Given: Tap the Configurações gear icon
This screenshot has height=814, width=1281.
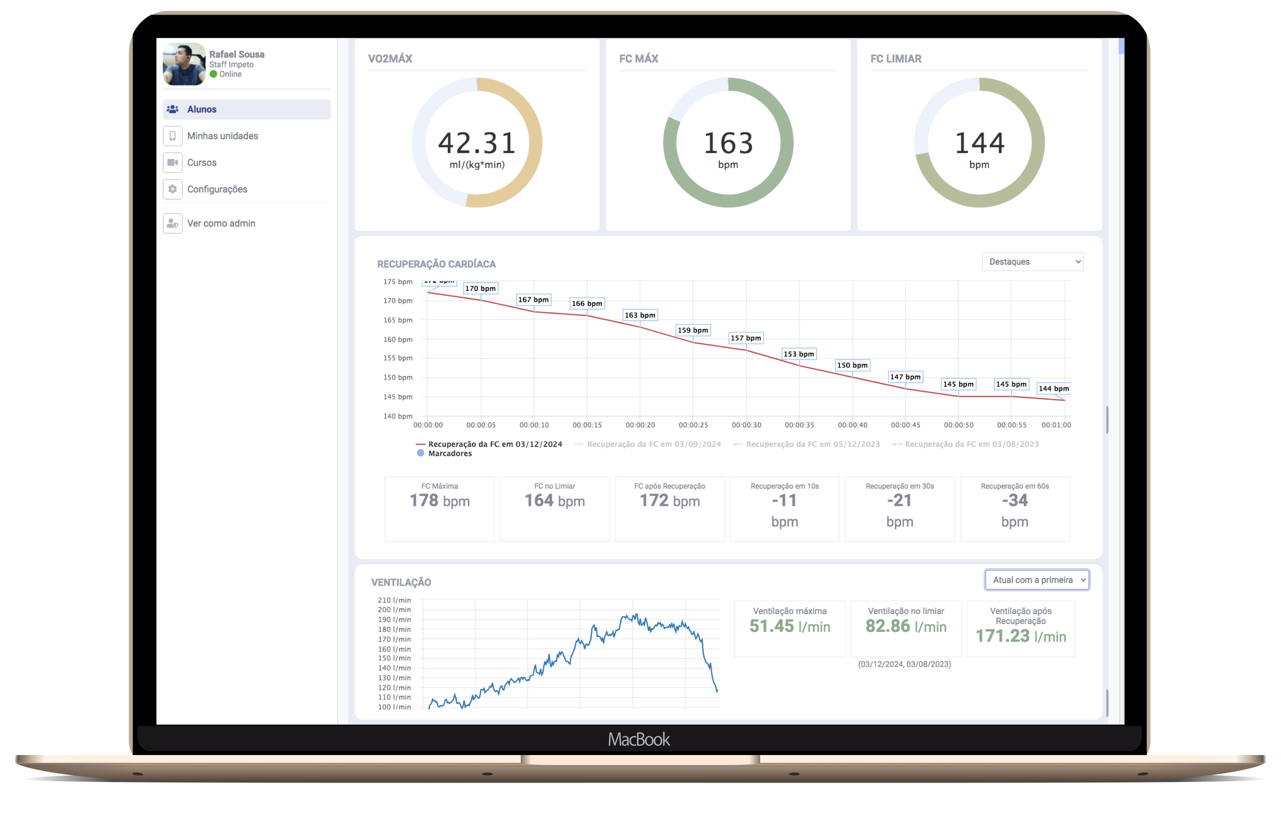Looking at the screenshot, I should (x=172, y=189).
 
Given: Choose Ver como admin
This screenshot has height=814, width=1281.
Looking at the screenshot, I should (x=221, y=223).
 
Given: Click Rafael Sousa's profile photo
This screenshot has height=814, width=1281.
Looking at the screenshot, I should (x=184, y=64).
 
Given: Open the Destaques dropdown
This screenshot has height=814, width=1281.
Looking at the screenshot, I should (x=1032, y=262).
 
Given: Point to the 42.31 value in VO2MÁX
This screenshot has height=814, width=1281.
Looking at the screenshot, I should (x=477, y=143).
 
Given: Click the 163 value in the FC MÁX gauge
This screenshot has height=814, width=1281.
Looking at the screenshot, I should (x=728, y=143).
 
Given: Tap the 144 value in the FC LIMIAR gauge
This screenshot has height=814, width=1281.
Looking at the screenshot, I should (x=979, y=143).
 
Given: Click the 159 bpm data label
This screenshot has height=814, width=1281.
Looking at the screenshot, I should (x=693, y=330).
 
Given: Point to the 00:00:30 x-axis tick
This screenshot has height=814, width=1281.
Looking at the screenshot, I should (x=746, y=425).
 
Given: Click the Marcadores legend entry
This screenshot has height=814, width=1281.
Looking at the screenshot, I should (x=449, y=454).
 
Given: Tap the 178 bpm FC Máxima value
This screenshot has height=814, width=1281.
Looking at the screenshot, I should (x=439, y=501).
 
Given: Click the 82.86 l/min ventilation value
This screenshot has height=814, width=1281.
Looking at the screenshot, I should (x=905, y=626).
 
